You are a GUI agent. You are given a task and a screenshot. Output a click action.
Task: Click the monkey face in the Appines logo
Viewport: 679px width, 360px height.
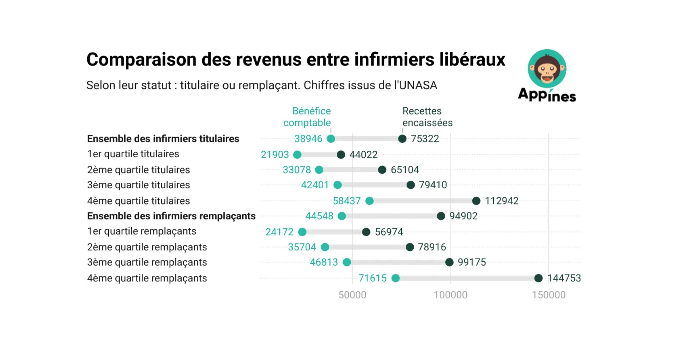click(547, 69)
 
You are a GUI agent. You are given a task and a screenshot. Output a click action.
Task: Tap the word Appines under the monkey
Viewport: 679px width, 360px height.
click(547, 95)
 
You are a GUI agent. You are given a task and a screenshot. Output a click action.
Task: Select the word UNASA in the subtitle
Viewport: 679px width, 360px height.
click(418, 85)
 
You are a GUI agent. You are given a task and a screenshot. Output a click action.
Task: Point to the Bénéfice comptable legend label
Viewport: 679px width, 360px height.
click(307, 117)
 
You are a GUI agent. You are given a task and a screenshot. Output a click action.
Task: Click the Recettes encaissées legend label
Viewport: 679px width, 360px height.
click(427, 117)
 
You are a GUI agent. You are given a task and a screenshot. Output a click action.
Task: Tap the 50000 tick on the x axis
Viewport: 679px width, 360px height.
click(352, 295)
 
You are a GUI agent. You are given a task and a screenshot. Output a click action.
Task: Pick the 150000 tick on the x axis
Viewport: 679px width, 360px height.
click(549, 295)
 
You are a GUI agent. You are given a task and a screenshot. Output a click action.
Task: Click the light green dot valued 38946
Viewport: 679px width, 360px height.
click(331, 139)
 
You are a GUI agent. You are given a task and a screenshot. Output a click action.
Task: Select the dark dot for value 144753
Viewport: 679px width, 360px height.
click(538, 278)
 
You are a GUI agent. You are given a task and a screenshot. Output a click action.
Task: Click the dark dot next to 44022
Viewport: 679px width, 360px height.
click(341, 154)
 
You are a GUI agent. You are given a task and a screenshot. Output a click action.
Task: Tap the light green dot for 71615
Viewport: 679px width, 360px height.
click(396, 278)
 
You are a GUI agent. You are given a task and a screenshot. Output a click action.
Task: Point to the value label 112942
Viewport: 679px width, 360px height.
click(501, 201)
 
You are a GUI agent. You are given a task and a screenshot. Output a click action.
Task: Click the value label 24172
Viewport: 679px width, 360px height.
click(279, 232)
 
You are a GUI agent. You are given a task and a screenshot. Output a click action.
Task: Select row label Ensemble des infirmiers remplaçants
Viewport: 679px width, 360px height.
click(171, 216)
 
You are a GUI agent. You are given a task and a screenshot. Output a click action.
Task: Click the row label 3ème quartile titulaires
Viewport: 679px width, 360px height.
click(139, 185)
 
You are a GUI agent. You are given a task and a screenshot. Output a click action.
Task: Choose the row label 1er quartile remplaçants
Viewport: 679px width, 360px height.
click(142, 231)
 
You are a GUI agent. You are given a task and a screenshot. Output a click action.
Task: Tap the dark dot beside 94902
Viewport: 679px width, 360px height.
click(441, 216)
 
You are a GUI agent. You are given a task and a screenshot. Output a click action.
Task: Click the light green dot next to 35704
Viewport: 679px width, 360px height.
click(325, 247)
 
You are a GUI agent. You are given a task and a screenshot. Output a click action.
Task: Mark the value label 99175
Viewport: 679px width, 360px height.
click(472, 262)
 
